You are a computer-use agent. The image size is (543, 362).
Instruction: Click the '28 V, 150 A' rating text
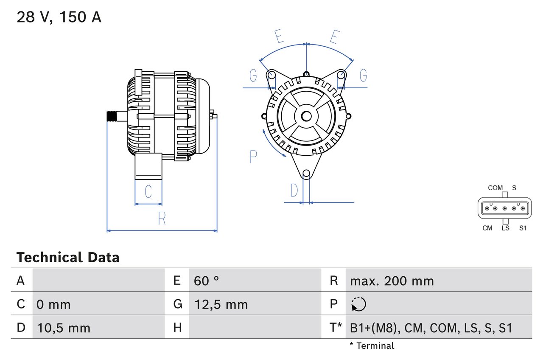(59, 17)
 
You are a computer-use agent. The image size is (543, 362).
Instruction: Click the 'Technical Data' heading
(68, 257)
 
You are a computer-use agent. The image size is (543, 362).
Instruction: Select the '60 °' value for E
(206, 281)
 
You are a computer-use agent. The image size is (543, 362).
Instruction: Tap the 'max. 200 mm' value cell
(392, 281)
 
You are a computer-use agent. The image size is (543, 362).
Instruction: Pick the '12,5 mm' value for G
(221, 304)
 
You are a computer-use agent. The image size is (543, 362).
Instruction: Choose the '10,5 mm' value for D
(64, 328)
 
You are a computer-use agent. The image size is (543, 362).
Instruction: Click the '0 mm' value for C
(53, 304)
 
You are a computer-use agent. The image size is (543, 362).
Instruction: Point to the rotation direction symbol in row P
(358, 304)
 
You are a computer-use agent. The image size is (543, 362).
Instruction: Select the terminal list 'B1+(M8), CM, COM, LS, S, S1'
(431, 328)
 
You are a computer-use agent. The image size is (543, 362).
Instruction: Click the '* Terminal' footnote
(372, 346)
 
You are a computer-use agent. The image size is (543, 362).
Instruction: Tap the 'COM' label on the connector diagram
(495, 188)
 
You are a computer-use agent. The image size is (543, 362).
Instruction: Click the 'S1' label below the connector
(523, 228)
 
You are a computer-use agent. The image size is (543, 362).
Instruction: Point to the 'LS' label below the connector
(505, 228)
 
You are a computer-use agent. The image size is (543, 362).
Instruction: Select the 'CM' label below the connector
(487, 228)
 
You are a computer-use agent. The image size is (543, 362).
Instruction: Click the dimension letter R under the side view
(162, 219)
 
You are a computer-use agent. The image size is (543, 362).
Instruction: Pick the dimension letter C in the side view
(148, 192)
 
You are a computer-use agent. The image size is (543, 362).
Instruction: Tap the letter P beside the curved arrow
(253, 157)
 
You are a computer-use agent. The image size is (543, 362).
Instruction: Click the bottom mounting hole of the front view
(306, 173)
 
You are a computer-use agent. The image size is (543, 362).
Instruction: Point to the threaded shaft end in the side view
(112, 116)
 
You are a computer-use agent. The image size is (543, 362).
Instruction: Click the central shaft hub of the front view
(306, 116)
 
